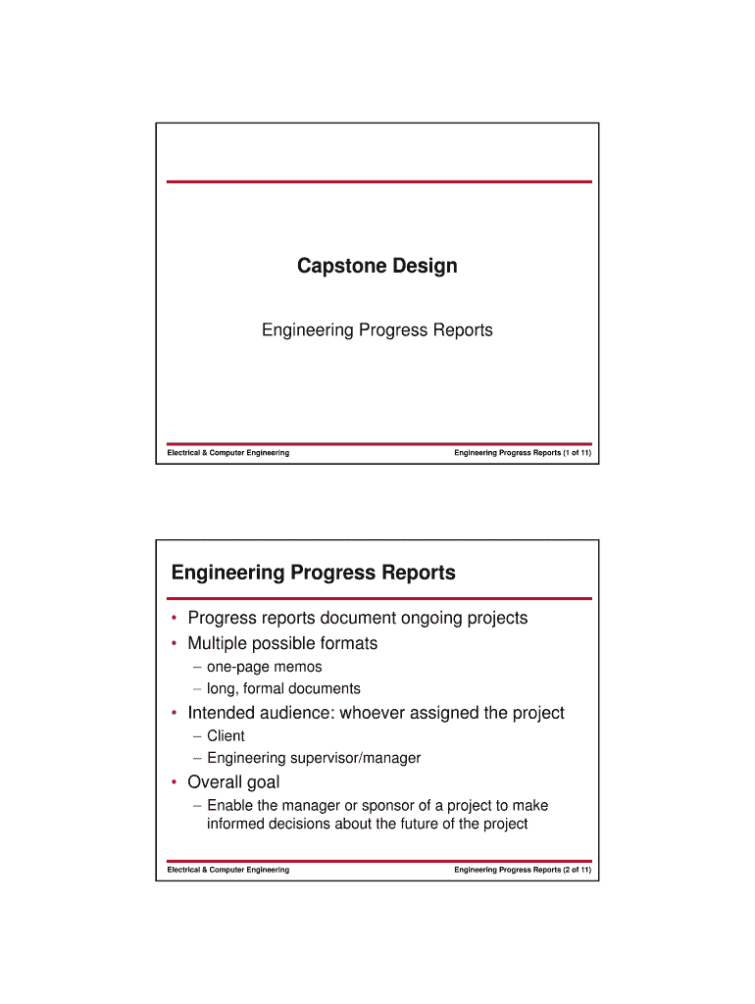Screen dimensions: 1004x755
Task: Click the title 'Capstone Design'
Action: pyautogui.click(x=377, y=266)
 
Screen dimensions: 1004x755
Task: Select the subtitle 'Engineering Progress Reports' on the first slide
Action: pyautogui.click(x=377, y=330)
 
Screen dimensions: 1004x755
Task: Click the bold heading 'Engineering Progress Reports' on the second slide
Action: pyautogui.click(x=314, y=573)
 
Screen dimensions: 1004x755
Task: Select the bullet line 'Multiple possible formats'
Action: pyautogui.click(x=282, y=643)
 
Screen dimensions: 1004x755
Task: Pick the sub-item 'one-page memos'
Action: pyautogui.click(x=264, y=667)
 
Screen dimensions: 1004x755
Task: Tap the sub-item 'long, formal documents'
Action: pyautogui.click(x=283, y=688)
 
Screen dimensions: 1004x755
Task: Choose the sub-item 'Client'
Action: pyautogui.click(x=226, y=735)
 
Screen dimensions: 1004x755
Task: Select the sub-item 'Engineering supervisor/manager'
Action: pyautogui.click(x=314, y=758)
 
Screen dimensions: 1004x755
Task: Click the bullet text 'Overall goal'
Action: pyautogui.click(x=233, y=782)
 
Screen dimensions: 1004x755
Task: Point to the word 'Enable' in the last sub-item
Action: pyautogui.click(x=229, y=805)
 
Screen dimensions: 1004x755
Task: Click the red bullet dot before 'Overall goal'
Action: pyautogui.click(x=174, y=782)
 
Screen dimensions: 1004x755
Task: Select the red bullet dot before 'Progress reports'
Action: pyautogui.click(x=174, y=619)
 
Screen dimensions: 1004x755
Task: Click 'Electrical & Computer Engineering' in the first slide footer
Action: pyautogui.click(x=228, y=453)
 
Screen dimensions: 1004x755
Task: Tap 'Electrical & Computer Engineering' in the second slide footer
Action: pyautogui.click(x=228, y=870)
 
